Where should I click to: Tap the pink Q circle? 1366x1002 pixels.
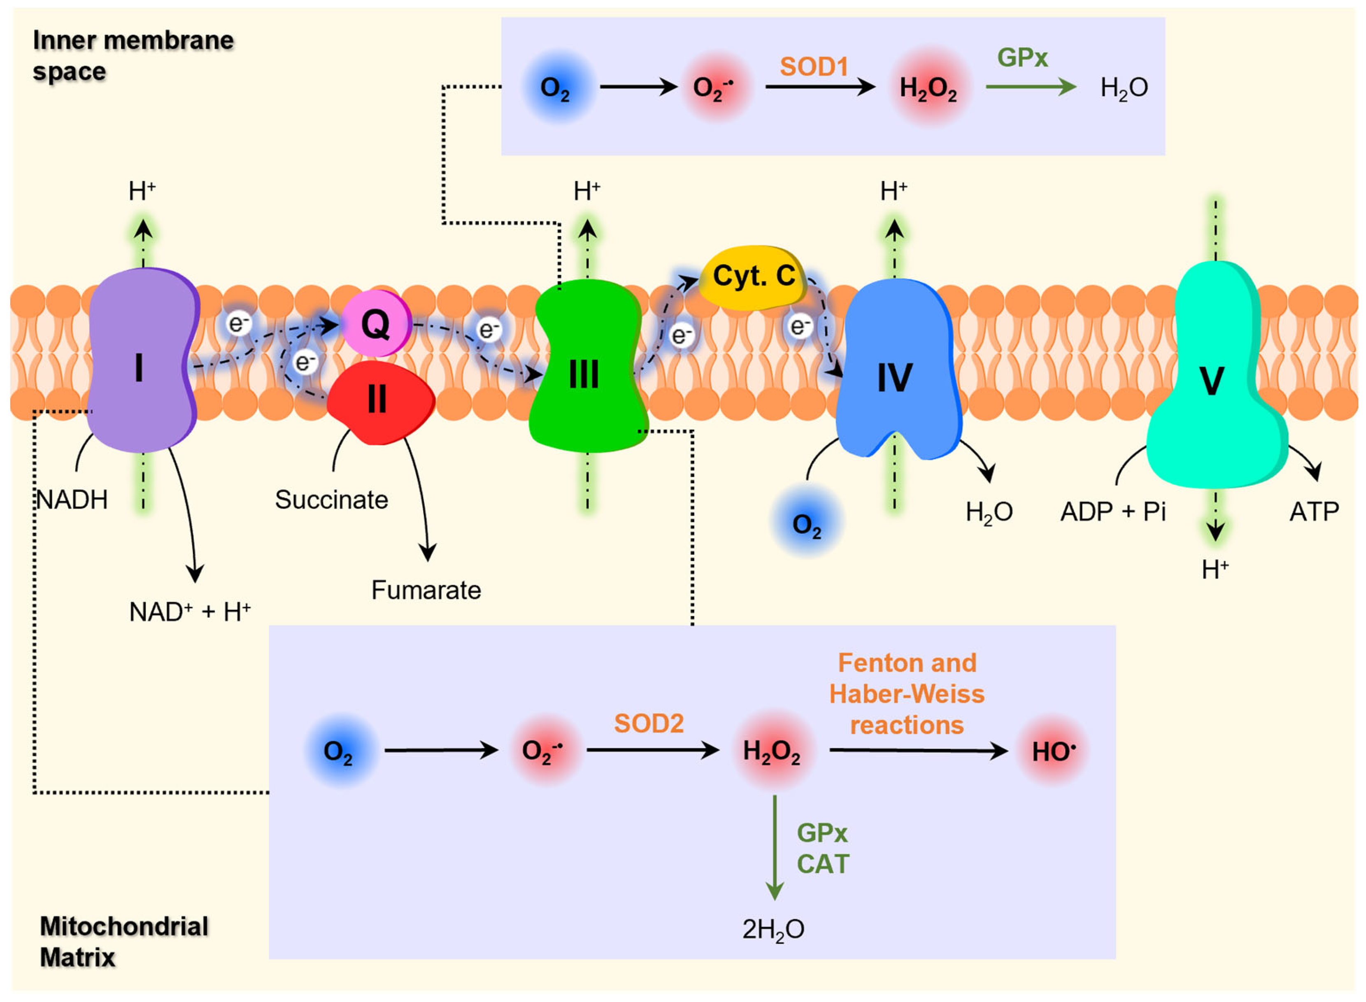376,324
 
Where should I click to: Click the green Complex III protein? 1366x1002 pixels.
585,370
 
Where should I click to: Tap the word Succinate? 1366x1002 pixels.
332,500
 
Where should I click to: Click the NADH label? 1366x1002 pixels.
72,500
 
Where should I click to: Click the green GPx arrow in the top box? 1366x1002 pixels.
1030,87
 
